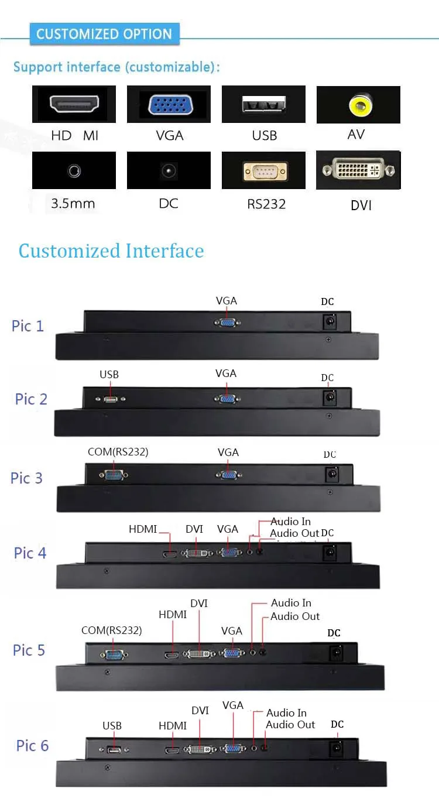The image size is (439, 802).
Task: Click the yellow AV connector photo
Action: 358,105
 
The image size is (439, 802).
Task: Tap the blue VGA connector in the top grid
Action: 169,105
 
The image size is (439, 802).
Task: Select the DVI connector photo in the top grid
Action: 358,170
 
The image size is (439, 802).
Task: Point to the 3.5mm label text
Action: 73,204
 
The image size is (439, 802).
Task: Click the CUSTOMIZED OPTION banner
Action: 104,34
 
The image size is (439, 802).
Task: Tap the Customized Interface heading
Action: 111,251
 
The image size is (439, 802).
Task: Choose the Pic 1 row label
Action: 28,325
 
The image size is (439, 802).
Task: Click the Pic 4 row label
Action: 30,553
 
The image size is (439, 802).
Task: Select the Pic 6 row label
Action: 32,745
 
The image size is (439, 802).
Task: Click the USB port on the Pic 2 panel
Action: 111,399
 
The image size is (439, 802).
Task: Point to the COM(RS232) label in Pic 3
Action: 118,452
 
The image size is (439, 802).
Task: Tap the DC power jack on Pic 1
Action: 330,321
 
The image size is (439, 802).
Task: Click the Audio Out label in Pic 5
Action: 295,616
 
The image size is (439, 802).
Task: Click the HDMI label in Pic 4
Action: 143,529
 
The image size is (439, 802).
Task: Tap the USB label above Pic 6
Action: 112,726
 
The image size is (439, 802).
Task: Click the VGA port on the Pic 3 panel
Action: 229,475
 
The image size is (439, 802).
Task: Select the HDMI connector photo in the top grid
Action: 74,105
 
